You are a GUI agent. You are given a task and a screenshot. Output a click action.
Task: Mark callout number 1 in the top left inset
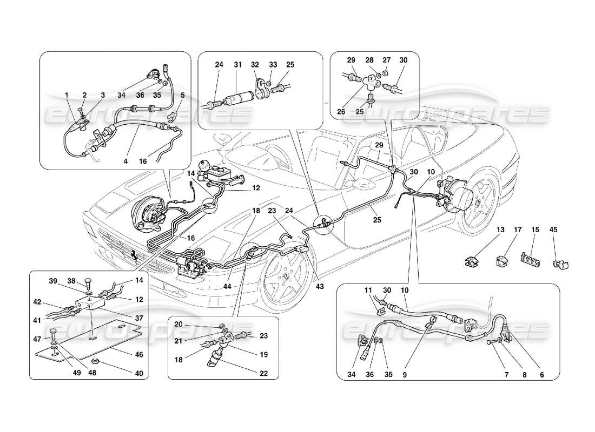point(67,95)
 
